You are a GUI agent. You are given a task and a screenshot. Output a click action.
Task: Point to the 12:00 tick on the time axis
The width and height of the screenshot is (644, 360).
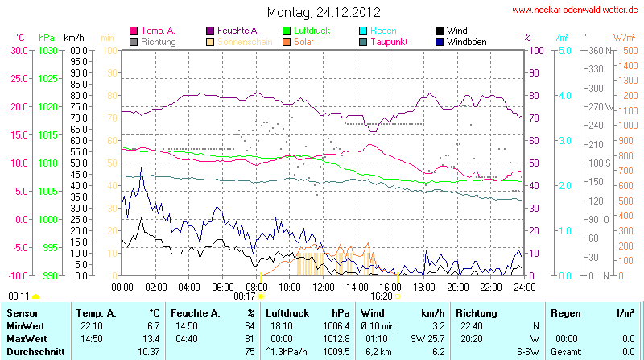(x=323, y=286)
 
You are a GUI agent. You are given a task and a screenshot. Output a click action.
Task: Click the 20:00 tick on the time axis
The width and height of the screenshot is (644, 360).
(x=457, y=286)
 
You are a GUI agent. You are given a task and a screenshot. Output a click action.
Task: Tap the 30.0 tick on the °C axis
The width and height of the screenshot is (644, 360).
(x=19, y=50)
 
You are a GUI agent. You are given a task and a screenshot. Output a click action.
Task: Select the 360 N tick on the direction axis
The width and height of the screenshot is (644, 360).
(x=597, y=50)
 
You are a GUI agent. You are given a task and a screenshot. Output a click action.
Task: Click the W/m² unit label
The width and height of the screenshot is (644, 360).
(x=623, y=37)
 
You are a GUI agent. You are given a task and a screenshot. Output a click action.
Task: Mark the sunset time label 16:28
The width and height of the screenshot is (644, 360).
(x=381, y=296)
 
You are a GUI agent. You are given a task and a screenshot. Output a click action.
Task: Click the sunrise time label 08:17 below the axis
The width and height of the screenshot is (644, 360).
(x=245, y=296)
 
